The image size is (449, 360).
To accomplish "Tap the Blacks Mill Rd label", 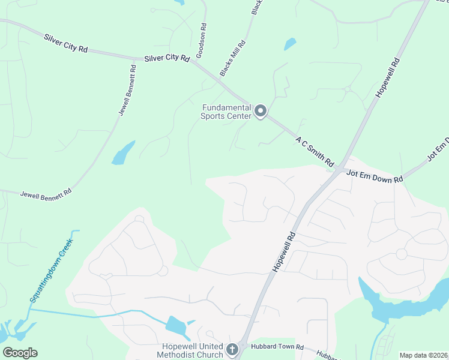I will [233, 58].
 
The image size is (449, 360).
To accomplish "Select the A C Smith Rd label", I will [315, 151].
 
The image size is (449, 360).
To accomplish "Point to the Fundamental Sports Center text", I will [225, 112].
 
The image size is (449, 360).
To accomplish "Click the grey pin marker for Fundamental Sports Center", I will [261, 111].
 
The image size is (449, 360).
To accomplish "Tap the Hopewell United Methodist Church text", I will [192, 350].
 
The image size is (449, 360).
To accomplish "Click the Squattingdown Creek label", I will [52, 270].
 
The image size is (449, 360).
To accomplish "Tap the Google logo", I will [20, 353].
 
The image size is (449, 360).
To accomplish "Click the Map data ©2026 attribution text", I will [423, 355].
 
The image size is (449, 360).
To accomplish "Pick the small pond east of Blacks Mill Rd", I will [290, 44].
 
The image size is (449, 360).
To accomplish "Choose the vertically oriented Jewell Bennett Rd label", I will [127, 90].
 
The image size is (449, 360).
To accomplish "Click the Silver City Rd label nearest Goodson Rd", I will [167, 59].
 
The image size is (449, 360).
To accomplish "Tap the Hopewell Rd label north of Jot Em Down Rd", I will [387, 78].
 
